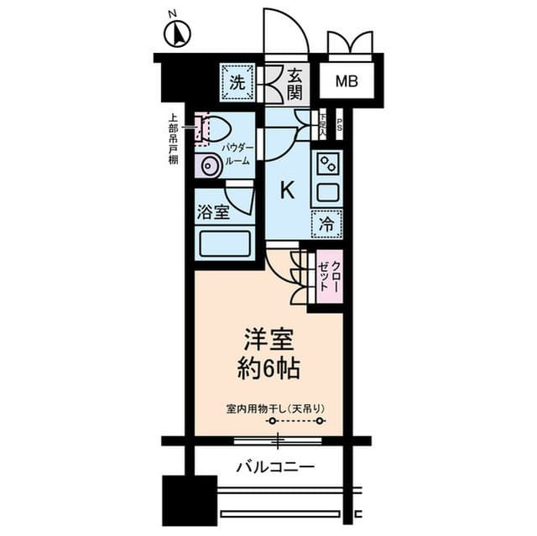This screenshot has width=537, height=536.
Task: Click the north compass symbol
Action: pyautogui.click(x=177, y=34)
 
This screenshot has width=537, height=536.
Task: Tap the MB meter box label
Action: pyautogui.click(x=346, y=81)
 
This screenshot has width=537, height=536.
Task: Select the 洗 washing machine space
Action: pyautogui.click(x=238, y=82)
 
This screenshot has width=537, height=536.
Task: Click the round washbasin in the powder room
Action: pyautogui.click(x=210, y=166)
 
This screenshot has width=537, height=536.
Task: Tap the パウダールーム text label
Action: pyautogui.click(x=237, y=154)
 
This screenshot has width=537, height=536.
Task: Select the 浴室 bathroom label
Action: pyautogui.click(x=213, y=212)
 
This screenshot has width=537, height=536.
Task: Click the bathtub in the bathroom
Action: pyautogui.click(x=224, y=245)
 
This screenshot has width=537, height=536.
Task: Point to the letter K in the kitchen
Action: pyautogui.click(x=287, y=190)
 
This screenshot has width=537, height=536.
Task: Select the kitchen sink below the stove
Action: pyautogui.click(x=326, y=191)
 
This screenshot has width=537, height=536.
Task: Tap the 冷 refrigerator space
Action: pyautogui.click(x=327, y=223)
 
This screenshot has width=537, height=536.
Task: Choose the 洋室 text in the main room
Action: pyautogui.click(x=268, y=340)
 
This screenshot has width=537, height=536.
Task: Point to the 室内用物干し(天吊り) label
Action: pyautogui.click(x=275, y=409)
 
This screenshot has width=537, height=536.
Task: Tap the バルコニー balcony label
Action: pyautogui.click(x=274, y=466)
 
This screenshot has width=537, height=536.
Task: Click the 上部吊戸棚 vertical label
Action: pyautogui.click(x=173, y=139)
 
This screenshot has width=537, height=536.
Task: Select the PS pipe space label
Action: pyautogui.click(x=340, y=128)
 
